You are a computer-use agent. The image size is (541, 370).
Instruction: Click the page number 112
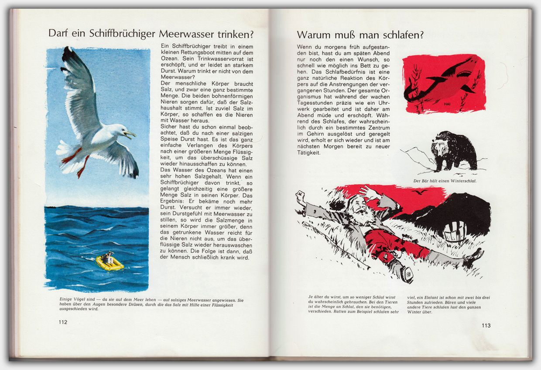[63, 322]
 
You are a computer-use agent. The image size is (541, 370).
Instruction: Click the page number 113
[486, 326]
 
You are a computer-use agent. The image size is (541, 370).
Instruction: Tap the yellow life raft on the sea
[110, 263]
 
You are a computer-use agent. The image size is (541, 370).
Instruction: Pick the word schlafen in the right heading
[403, 35]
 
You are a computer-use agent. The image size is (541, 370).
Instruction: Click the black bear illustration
[454, 151]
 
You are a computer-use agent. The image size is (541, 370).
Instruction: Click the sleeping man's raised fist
[301, 197]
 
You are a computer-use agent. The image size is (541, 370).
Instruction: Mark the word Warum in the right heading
[312, 35]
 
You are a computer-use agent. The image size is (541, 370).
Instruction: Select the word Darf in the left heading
[58, 34]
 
